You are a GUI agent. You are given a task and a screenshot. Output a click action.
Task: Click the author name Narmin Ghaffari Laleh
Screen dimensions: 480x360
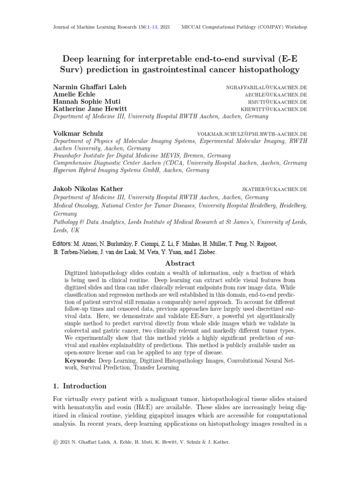click(x=90, y=87)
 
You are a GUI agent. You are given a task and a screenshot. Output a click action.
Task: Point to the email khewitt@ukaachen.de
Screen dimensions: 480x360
click(x=274, y=109)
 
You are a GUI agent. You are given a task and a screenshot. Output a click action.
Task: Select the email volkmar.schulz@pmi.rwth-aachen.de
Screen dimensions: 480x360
click(x=252, y=134)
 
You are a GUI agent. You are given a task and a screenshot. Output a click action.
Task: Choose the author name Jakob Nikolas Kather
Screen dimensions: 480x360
click(x=89, y=189)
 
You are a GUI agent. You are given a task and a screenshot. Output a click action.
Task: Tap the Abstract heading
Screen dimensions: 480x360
click(x=180, y=263)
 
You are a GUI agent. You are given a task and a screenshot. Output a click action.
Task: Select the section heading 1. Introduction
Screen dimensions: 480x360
click(x=79, y=386)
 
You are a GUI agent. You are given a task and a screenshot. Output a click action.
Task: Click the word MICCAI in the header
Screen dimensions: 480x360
click(x=191, y=27)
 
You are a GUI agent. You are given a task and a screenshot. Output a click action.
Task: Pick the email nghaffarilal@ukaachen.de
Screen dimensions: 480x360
click(x=266, y=88)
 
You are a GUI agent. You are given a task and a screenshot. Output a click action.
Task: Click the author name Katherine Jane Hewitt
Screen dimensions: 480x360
click(x=91, y=109)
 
